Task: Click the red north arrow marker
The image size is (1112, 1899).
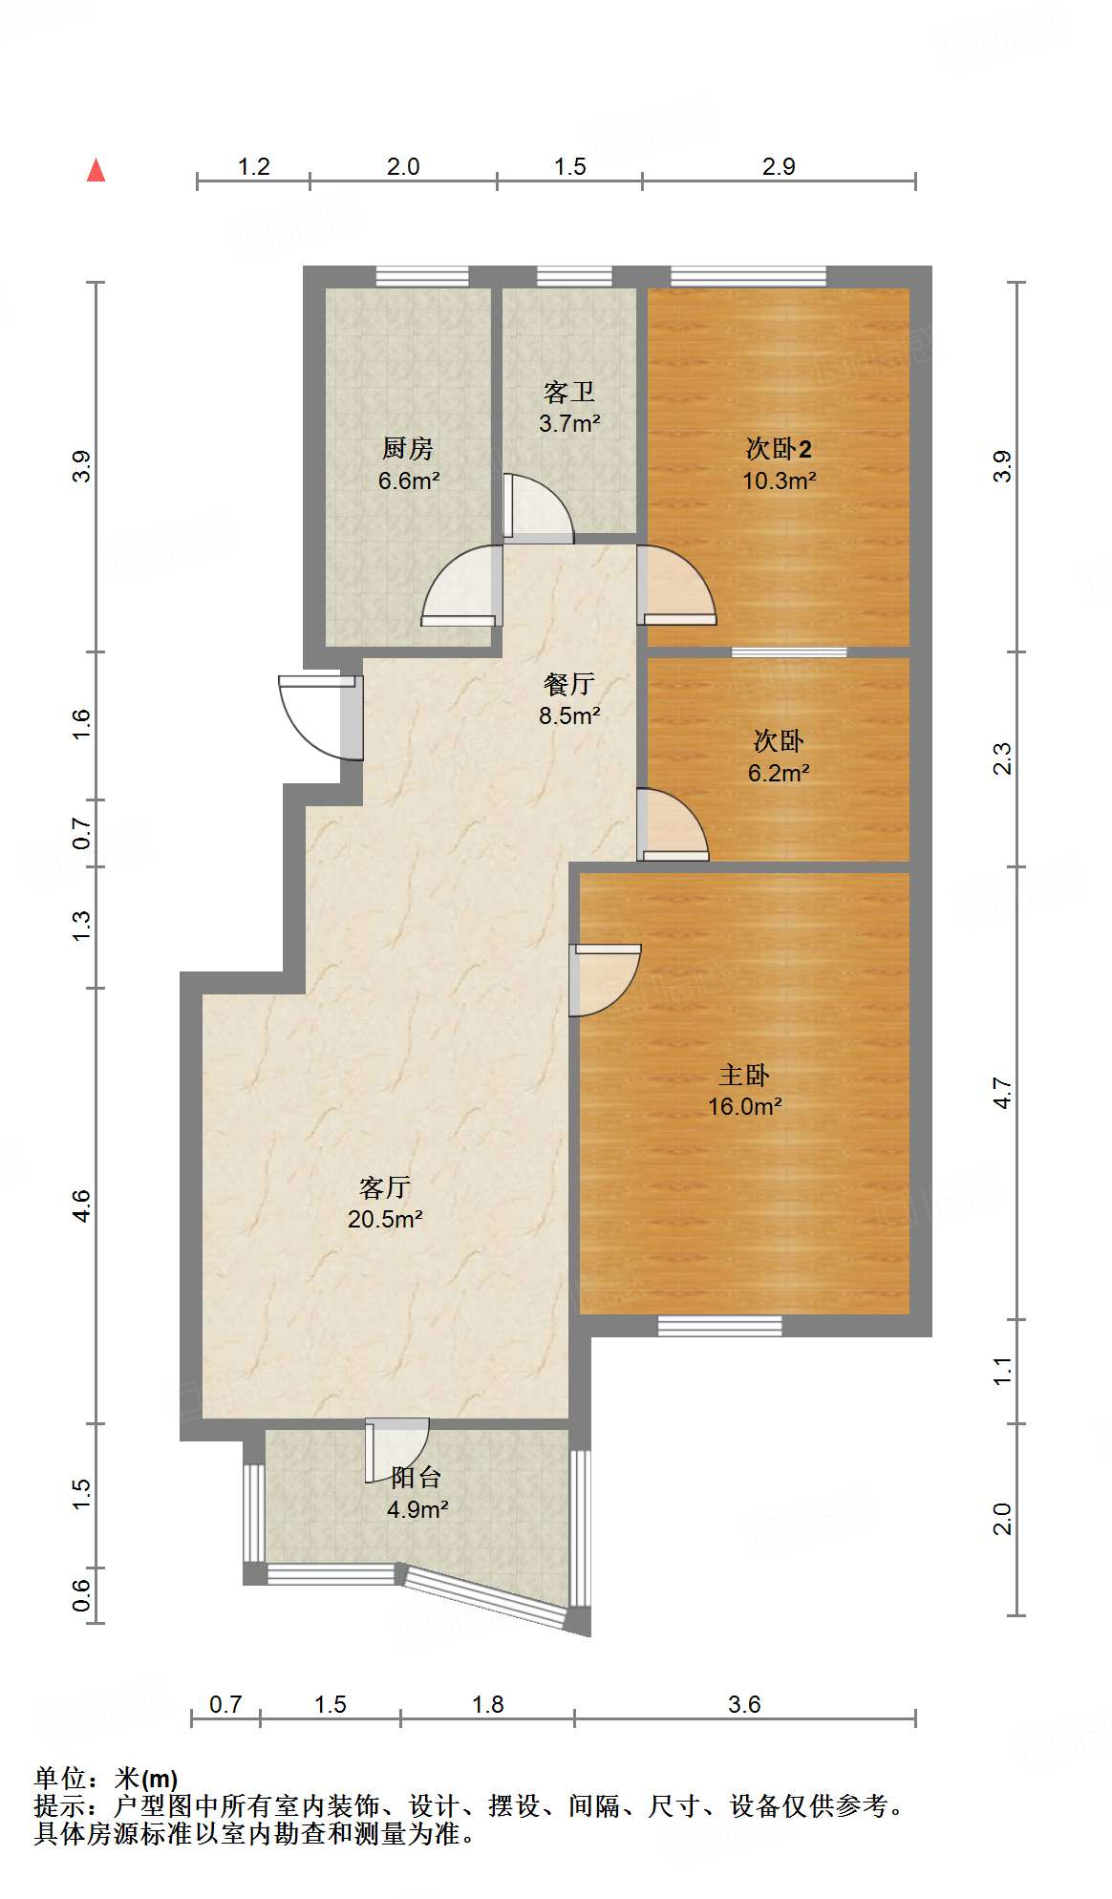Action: tap(96, 170)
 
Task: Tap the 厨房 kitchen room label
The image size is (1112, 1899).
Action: tap(408, 447)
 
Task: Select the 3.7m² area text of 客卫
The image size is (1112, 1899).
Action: tap(569, 423)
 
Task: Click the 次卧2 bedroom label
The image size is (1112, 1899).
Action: tap(779, 448)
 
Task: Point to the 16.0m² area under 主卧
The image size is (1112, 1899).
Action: tap(744, 1106)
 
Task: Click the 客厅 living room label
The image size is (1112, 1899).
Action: tap(385, 1187)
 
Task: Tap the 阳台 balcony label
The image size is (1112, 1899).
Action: tap(417, 1478)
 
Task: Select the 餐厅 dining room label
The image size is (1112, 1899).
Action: tap(568, 684)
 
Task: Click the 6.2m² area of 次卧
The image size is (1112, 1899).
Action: tap(779, 773)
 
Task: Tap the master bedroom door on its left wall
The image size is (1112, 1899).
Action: tap(605, 979)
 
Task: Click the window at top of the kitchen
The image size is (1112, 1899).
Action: tap(421, 276)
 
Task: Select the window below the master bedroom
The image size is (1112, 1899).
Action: tap(719, 1326)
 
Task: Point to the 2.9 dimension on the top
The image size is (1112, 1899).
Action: tap(779, 166)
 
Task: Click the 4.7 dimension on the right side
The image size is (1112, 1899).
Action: tap(1001, 1093)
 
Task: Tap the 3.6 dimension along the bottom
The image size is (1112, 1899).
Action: tap(744, 1704)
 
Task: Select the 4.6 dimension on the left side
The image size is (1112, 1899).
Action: tap(82, 1206)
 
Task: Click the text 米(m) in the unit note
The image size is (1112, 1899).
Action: tap(146, 1779)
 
